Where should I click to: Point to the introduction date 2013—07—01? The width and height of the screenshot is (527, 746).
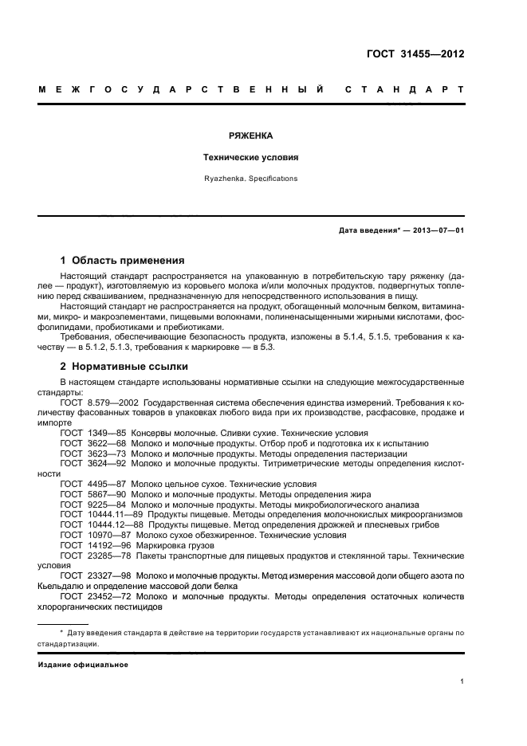pyautogui.click(x=438, y=230)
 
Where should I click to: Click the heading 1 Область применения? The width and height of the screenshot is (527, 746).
pyautogui.click(x=123, y=260)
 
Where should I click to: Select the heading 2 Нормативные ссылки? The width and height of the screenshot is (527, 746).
pyautogui.click(x=124, y=367)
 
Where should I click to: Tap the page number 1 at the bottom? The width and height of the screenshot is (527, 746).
pyautogui.click(x=462, y=681)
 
